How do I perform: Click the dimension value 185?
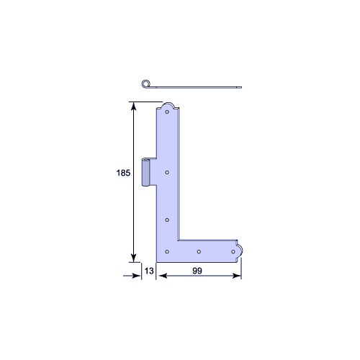pyautogui.click(x=123, y=173)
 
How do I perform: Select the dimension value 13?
pyautogui.click(x=149, y=271)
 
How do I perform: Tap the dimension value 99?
pyautogui.click(x=197, y=271)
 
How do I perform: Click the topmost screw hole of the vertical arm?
pyautogui.click(x=167, y=112)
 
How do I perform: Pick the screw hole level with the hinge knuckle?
pyautogui.click(x=167, y=172)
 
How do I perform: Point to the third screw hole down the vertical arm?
pyautogui.click(x=167, y=220)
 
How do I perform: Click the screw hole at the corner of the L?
pyautogui.click(x=167, y=251)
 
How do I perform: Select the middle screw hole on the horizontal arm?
pyautogui.click(x=199, y=251)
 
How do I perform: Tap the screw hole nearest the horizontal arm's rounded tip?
pyautogui.click(x=233, y=251)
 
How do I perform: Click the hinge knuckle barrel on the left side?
pyautogui.click(x=145, y=172)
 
